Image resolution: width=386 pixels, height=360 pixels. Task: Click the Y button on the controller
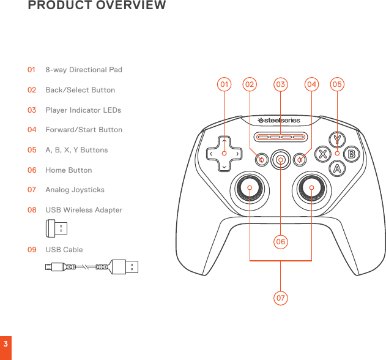[x=337, y=140]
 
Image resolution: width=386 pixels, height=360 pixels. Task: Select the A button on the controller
[x=337, y=168]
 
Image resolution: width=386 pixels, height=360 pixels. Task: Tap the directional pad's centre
[x=224, y=154]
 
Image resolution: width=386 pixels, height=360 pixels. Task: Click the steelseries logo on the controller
[x=279, y=120]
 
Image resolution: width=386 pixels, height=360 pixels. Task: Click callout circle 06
[x=280, y=242]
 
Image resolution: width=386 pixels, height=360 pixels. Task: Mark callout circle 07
[x=280, y=298]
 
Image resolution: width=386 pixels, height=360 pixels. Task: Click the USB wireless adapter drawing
[x=57, y=229]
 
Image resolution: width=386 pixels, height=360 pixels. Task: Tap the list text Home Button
[x=69, y=170]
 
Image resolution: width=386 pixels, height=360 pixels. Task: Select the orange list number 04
[x=31, y=130]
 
